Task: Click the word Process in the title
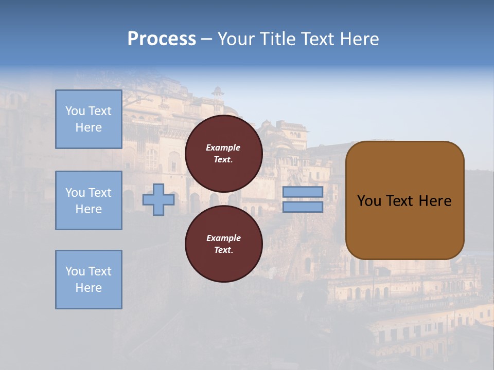coord(162,39)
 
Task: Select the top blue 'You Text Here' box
coord(89,119)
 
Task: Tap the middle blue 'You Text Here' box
coord(89,200)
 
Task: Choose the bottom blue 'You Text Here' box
coord(89,280)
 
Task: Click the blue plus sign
coord(158,200)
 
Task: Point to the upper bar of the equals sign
coord(303,192)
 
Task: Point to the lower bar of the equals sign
coord(303,207)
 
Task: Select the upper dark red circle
coord(224,153)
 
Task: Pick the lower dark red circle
coord(224,244)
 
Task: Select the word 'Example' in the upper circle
coord(223,147)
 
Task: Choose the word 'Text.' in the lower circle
coord(223,250)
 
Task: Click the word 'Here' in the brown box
coord(435,201)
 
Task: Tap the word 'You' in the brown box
coord(369,201)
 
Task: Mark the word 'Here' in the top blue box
coord(89,127)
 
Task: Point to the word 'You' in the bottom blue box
coord(75,271)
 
